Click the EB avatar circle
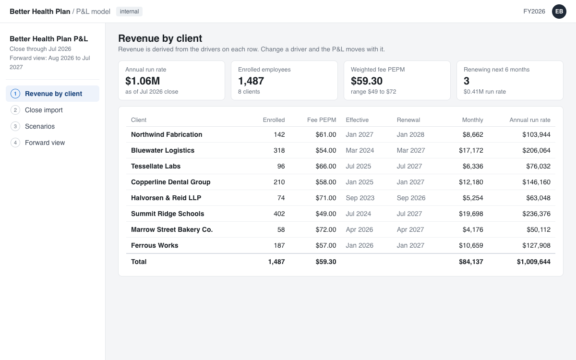coord(559,12)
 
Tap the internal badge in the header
coord(129,12)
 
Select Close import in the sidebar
coord(44,110)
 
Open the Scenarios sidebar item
coord(40,126)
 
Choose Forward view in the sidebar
coord(45,143)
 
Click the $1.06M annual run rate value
coord(143,81)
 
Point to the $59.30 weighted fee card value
coord(367,81)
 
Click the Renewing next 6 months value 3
coord(467,81)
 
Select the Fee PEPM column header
coord(322,120)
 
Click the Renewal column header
coord(408,120)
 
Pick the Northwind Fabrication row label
coord(167,134)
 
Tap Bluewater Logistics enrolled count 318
coord(279,150)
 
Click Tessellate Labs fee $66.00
coord(326,167)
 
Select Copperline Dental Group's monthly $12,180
coord(471,182)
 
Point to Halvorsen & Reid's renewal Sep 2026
coord(411,198)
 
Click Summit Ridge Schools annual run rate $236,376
coord(537,214)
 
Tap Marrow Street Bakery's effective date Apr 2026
coord(359,229)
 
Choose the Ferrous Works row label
coord(155,246)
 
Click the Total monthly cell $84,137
coord(471,262)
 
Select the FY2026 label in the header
coord(534,12)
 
